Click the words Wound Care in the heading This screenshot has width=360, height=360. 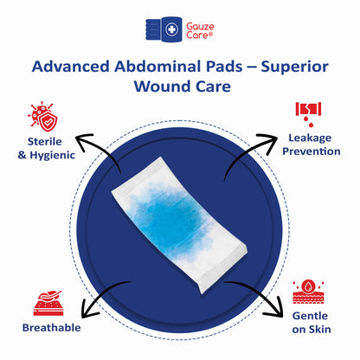click(x=180, y=87)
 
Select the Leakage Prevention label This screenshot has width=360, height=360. click(x=314, y=145)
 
